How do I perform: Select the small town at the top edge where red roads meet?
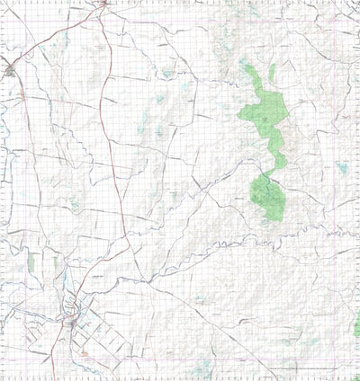tap(104, 4)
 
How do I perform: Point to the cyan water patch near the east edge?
tap(343, 167)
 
